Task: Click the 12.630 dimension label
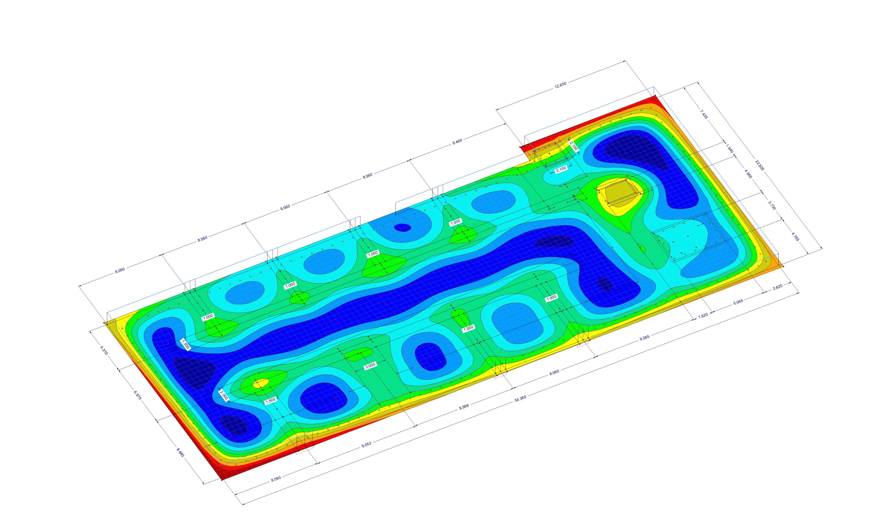(x=561, y=85)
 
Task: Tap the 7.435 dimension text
(x=704, y=114)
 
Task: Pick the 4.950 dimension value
(x=748, y=174)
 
